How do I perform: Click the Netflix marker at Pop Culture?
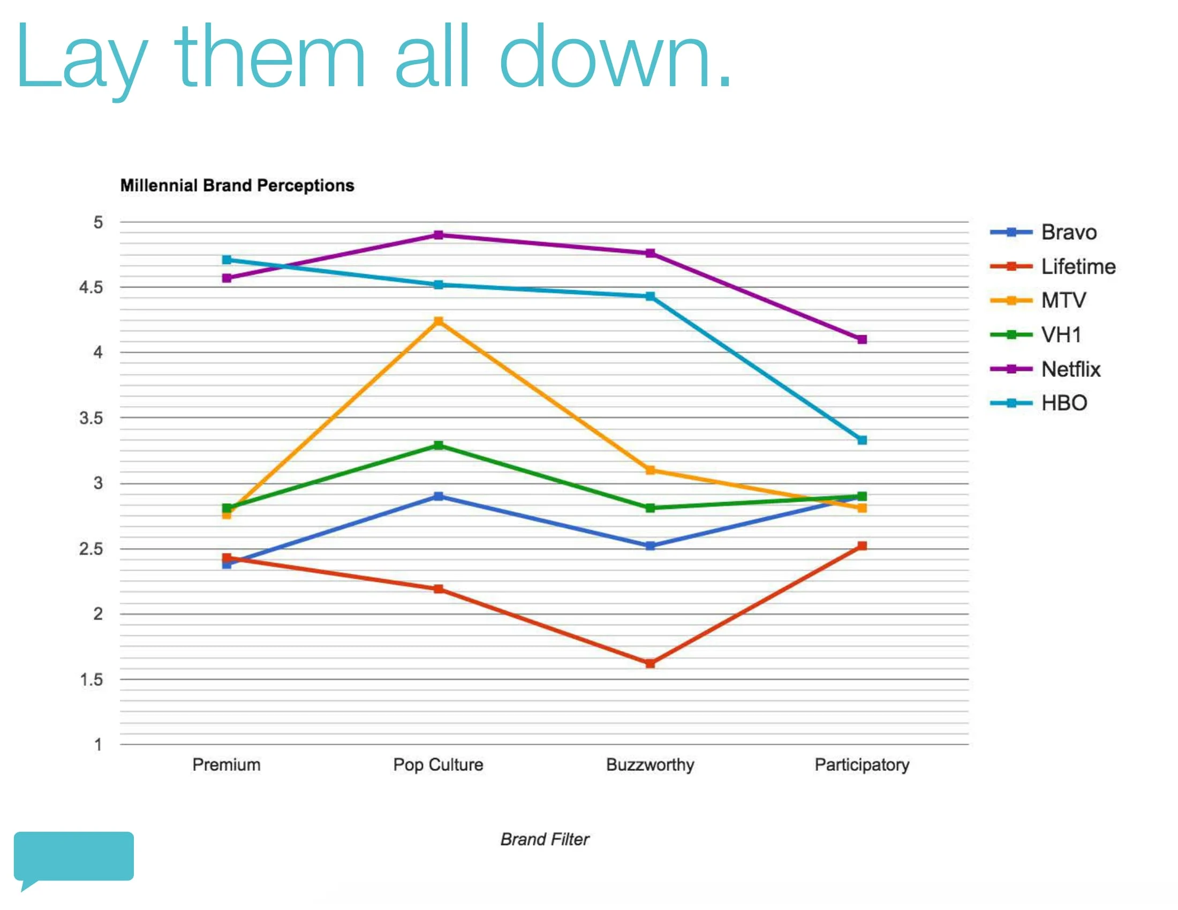tap(439, 235)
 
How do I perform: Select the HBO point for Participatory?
tap(862, 441)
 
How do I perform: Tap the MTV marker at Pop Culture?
tap(439, 321)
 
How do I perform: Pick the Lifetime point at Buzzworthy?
tap(651, 663)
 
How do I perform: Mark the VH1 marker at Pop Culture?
tap(439, 445)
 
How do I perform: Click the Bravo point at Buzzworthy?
tap(651, 545)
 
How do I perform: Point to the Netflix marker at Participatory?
tap(862, 339)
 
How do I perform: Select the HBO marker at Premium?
tap(226, 260)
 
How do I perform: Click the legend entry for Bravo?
tap(1044, 232)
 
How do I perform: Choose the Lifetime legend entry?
tap(1053, 267)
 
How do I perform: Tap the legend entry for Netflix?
tap(1045, 369)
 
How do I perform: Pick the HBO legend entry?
tap(1039, 403)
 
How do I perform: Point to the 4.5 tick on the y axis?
tap(91, 287)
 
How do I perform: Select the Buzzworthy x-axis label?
tap(651, 765)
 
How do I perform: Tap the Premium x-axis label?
tap(226, 764)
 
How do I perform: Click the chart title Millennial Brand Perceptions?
tap(237, 185)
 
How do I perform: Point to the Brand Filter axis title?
tap(545, 839)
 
